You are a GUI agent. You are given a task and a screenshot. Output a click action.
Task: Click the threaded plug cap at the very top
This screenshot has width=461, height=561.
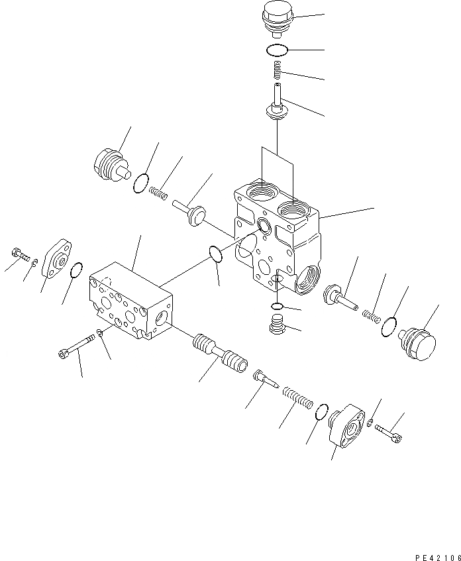(276, 17)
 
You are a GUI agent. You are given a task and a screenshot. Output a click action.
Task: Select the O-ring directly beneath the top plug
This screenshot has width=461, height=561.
(276, 49)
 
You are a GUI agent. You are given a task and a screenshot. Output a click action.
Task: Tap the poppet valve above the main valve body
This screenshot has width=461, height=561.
(277, 103)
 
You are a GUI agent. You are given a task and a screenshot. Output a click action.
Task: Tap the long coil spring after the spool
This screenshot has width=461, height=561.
(297, 400)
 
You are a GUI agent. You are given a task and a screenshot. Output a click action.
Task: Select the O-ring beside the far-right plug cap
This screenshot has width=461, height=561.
(391, 325)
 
